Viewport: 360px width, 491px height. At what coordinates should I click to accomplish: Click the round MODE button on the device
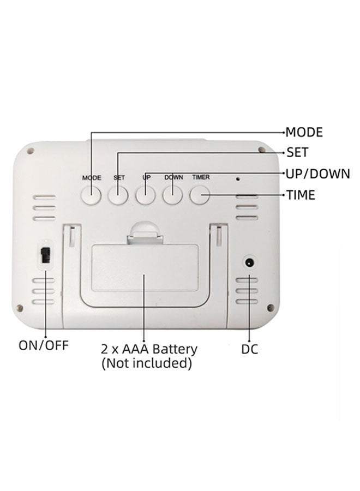point(92,195)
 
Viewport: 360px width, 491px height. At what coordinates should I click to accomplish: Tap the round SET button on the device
point(118,195)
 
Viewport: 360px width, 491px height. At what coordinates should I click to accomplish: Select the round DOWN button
point(172,195)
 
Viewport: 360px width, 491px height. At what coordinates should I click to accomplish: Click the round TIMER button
point(200,195)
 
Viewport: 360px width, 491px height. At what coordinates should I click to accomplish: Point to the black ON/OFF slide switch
point(46,255)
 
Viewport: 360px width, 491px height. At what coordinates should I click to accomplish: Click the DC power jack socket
point(249,263)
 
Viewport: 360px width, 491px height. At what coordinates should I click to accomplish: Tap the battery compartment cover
point(145,268)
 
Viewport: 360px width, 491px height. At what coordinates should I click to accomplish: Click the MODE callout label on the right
point(304,132)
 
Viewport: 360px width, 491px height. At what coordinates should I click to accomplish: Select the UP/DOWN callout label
point(318,173)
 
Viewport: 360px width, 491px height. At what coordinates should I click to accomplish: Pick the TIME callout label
point(301,195)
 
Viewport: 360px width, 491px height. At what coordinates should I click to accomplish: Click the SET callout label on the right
point(297,153)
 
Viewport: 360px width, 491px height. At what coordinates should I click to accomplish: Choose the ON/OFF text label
point(44,345)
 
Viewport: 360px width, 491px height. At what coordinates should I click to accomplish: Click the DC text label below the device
point(249,349)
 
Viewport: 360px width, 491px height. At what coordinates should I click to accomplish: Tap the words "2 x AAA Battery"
point(149,349)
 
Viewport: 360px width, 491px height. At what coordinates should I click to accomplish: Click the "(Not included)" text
point(147,363)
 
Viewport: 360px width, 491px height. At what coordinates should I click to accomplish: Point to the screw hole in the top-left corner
point(31,151)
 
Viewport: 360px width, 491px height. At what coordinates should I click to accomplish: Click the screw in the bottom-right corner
point(270,308)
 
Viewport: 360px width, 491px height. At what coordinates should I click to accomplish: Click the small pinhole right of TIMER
point(238,179)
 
